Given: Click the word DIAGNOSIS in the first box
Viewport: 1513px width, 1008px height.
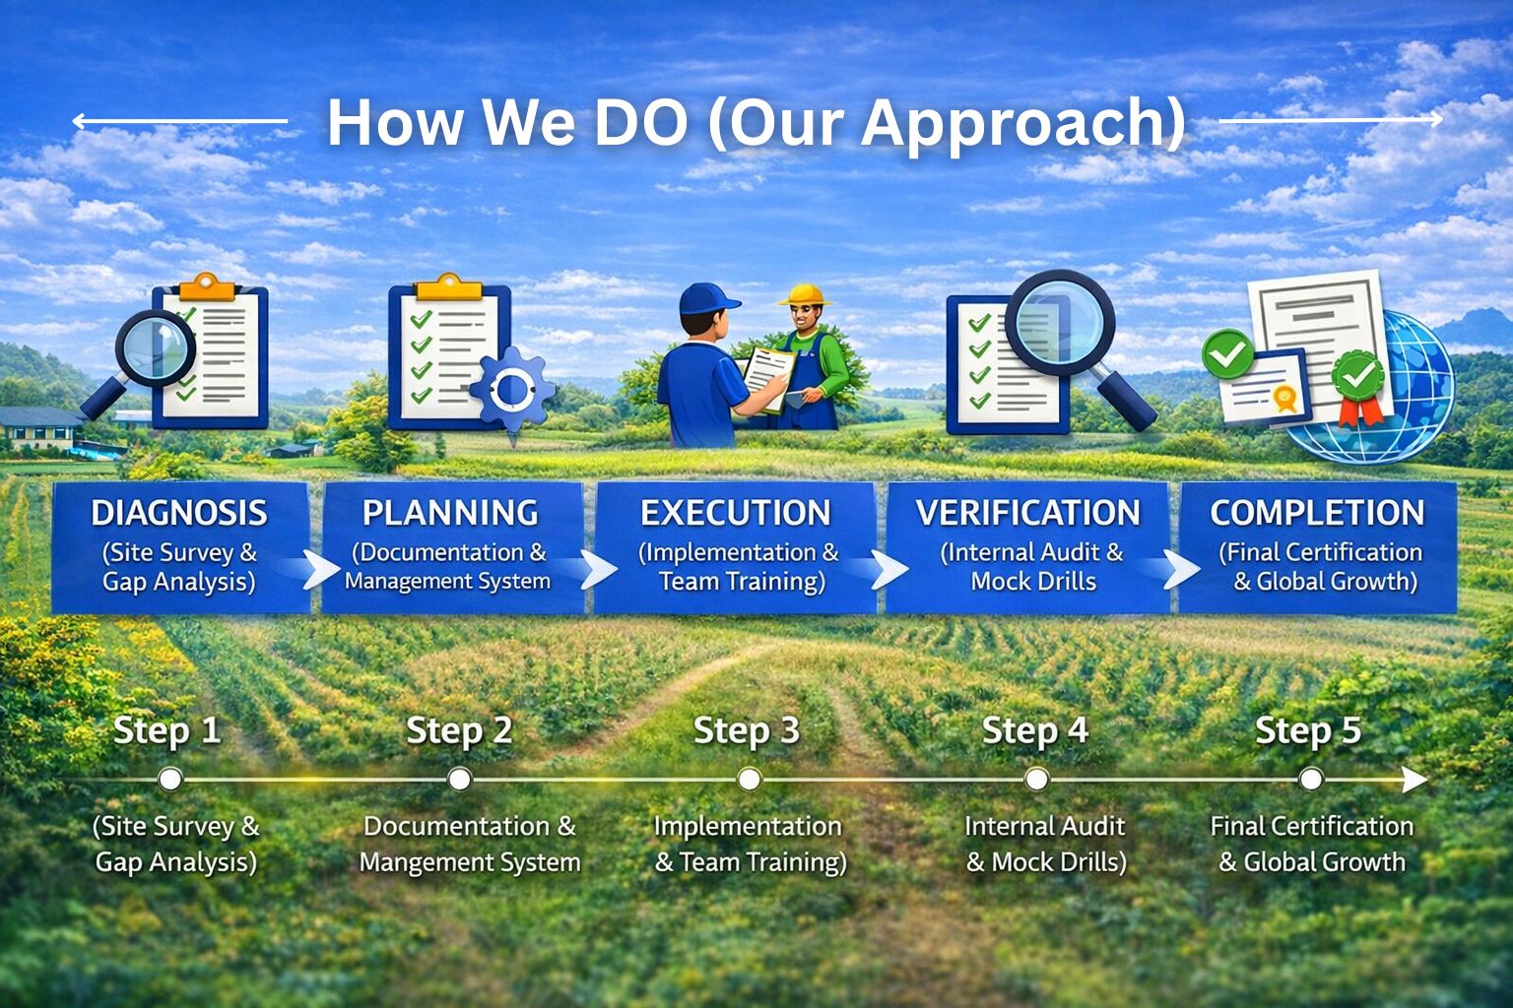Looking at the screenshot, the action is coord(179,513).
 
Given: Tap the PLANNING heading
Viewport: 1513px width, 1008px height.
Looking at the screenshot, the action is coord(450,513).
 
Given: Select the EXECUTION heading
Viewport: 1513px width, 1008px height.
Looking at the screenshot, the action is coord(736,513).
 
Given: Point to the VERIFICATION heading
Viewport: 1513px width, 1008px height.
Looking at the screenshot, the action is coord(1028,513).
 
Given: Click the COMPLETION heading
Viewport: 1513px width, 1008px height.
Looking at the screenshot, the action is coord(1317,513).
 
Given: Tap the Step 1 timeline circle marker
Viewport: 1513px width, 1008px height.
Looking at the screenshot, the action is coord(170,779).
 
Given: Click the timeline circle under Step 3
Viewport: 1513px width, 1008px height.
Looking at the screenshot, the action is coord(749,779).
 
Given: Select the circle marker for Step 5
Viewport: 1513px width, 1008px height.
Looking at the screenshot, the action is coord(1311,779).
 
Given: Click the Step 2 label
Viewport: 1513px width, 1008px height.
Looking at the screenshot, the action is coord(459,731).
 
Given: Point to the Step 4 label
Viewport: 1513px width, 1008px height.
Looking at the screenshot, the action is coord(1035,731).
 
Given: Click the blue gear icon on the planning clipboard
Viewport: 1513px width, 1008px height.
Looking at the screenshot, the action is coord(512,390).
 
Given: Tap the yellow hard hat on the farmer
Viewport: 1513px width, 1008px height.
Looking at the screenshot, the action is coord(805,294).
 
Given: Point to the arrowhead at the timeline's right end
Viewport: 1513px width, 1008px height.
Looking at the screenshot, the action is coord(1415,779).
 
